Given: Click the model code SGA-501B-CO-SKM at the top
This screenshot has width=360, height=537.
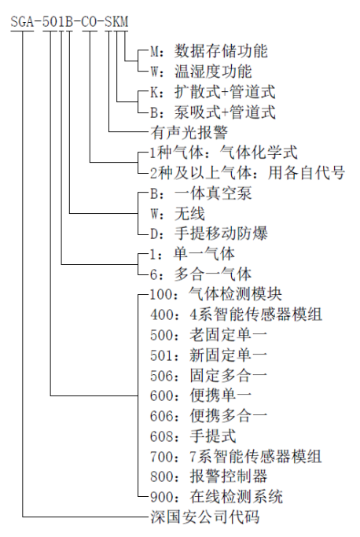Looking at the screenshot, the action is coord(69,22).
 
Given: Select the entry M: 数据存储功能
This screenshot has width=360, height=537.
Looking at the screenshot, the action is coord(209,51).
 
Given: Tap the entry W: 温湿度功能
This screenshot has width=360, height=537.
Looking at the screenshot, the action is coord(201,72).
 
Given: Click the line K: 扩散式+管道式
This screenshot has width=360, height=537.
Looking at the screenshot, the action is coord(213,92).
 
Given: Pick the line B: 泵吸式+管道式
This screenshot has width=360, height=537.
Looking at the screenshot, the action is coord(213,112).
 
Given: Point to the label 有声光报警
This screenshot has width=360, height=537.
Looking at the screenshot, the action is coord(189,133).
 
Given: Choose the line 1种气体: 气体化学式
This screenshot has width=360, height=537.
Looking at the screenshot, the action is coord(224,153).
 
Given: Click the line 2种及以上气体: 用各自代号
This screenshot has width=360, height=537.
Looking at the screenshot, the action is coord(248,173).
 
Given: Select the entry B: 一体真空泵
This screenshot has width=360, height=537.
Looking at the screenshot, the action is coord(201,193).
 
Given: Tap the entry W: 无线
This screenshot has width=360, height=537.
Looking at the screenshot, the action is coord(178,214).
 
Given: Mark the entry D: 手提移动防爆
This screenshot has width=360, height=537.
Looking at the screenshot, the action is coord(209,234).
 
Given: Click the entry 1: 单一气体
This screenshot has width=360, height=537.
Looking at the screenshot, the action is coord(193,254).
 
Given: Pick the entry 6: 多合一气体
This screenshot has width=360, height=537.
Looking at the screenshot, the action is coord(200,274).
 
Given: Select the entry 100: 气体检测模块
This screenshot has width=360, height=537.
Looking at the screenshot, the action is coord(216,295).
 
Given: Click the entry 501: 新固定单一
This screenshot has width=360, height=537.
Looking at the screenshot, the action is coord(208,355).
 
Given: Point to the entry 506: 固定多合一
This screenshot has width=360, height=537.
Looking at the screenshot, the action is coord(208,376).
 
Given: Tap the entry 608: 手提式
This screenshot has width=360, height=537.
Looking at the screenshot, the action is coord(193,436).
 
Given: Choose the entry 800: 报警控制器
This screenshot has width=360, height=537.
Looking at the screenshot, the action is coord(208,476).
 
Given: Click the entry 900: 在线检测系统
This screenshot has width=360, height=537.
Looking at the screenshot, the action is coord(216,497).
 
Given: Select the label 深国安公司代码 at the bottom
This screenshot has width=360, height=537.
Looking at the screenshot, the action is coord(205,517).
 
